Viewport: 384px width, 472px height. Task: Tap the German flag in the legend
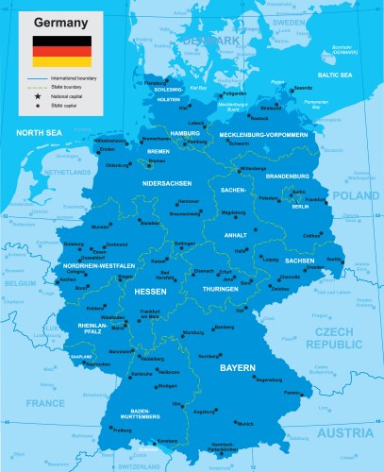61,52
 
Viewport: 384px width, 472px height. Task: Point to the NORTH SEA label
39,132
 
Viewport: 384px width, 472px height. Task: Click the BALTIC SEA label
335,74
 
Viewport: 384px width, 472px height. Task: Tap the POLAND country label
355,196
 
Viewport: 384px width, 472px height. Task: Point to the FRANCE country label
44,402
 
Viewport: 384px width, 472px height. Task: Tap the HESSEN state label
151,292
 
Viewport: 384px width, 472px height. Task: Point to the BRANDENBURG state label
290,177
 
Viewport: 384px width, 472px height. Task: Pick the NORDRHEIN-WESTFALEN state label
98,266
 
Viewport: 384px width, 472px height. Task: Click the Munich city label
245,424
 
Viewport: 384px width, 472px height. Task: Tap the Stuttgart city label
167,386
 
